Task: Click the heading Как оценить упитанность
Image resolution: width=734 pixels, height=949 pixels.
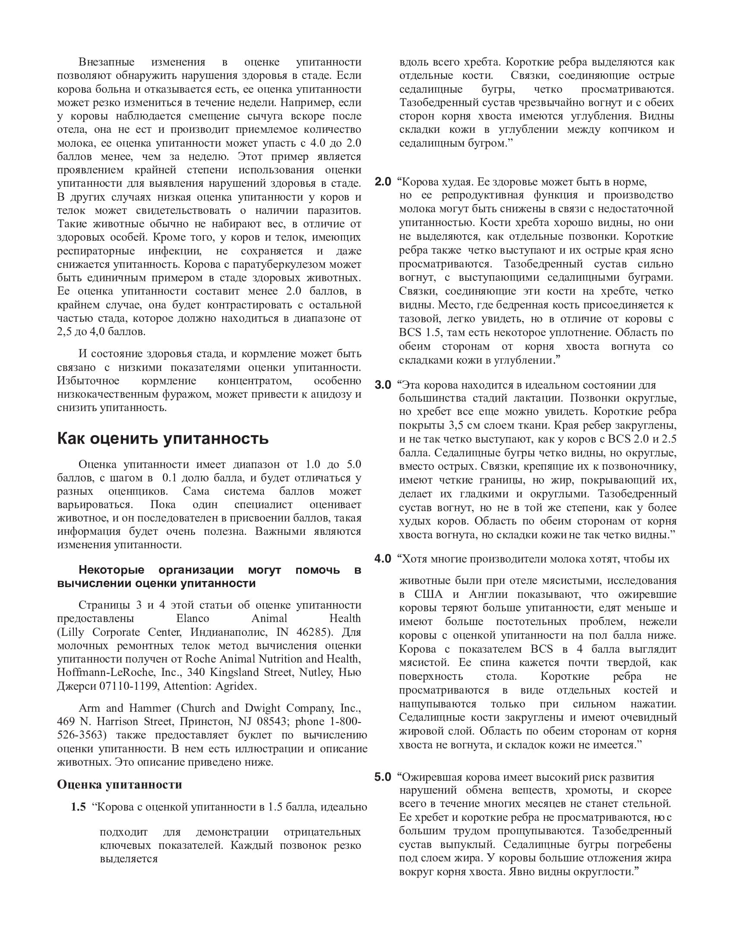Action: (x=163, y=438)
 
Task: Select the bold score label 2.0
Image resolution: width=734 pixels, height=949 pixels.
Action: (x=383, y=182)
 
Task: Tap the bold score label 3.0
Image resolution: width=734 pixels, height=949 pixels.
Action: (x=383, y=385)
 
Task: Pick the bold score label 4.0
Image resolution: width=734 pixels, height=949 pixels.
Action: (x=383, y=559)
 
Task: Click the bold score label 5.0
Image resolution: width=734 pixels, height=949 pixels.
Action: (x=383, y=777)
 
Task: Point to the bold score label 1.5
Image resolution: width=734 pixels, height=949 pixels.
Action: (x=78, y=808)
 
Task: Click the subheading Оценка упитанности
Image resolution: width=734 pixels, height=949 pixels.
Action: (x=119, y=784)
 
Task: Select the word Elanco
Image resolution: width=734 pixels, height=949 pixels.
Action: (x=193, y=619)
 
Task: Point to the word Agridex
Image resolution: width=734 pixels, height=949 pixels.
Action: (x=237, y=686)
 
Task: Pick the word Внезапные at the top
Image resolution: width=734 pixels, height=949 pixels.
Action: (x=107, y=62)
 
